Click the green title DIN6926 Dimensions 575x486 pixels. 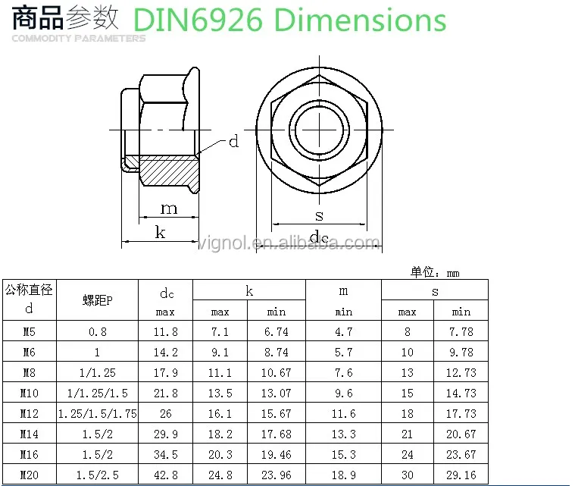coord(289,20)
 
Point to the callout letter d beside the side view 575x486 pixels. coord(233,142)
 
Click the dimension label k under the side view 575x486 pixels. coord(160,232)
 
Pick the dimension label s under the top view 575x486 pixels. coord(319,216)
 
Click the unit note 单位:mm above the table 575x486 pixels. coord(435,273)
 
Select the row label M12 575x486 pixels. coord(30,414)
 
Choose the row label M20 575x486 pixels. coord(30,475)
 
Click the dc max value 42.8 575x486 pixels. coord(165,475)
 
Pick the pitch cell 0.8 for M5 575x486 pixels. coord(98,332)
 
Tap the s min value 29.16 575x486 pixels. coord(461,475)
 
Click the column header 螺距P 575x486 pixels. coord(98,300)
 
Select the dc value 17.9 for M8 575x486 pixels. coord(165,373)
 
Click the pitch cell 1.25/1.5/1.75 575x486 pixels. coord(98,414)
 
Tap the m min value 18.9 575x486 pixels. coord(343,475)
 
